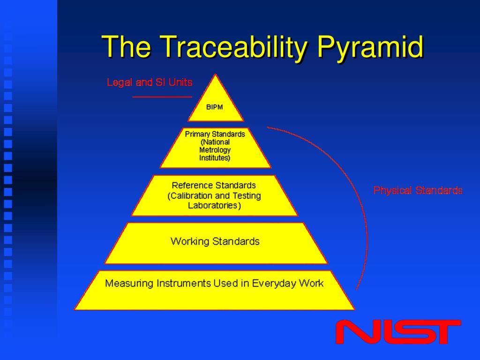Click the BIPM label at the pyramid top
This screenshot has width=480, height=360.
coord(215,107)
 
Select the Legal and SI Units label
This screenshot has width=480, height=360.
coord(150,82)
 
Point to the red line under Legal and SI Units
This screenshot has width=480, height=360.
coord(162,97)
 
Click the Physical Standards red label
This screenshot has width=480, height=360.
coord(418,190)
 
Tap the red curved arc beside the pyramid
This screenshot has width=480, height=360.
coord(361,211)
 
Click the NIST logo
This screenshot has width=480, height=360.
coord(398,332)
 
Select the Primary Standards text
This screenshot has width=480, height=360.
coord(215,134)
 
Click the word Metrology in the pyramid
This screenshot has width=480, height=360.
coord(215,150)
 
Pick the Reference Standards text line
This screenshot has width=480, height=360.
coord(214,185)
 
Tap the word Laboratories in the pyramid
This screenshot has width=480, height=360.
coord(214,205)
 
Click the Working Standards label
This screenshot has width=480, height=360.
coord(215,241)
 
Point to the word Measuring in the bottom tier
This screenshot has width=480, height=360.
coord(129,283)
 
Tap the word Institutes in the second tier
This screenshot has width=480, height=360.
coord(214,158)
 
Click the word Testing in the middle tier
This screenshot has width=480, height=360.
coord(245,195)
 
